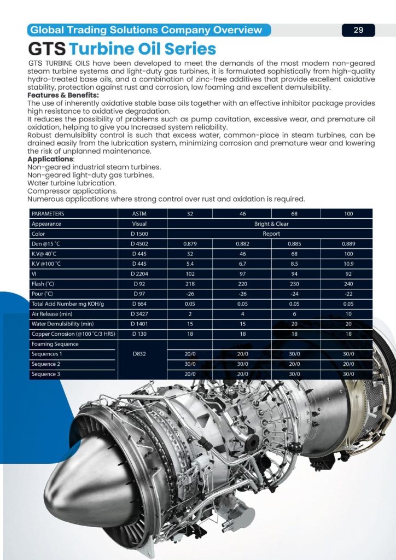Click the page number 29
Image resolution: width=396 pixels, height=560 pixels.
pos(358,30)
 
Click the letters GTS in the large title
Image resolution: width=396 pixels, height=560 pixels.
pos(47,49)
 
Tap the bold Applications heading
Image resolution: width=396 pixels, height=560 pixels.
pos(51,159)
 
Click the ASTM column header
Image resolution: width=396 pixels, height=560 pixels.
pos(139,214)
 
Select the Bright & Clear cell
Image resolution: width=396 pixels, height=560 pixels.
pos(271,224)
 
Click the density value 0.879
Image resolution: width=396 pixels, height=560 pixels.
pos(190,244)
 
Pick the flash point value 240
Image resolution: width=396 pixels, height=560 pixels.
pos(348,284)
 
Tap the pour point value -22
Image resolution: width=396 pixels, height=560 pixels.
pos(348,294)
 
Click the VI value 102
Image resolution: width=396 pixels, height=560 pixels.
pos(190,274)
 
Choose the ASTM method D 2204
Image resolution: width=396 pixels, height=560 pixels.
pos(139,274)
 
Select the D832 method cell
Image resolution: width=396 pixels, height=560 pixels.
pos(139,354)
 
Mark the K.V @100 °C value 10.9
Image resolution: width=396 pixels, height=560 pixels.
pos(348,264)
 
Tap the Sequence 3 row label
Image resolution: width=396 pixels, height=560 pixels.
pos(46,374)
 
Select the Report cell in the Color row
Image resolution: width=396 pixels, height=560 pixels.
pos(271,234)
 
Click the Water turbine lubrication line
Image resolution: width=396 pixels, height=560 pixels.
pos(71,183)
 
